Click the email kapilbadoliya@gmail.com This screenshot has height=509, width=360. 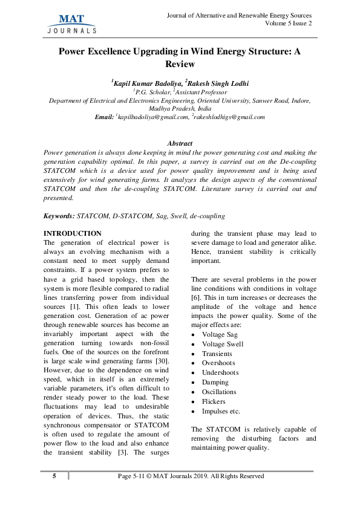151,117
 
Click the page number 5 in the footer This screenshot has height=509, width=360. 54,476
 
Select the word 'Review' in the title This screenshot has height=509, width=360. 180,64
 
